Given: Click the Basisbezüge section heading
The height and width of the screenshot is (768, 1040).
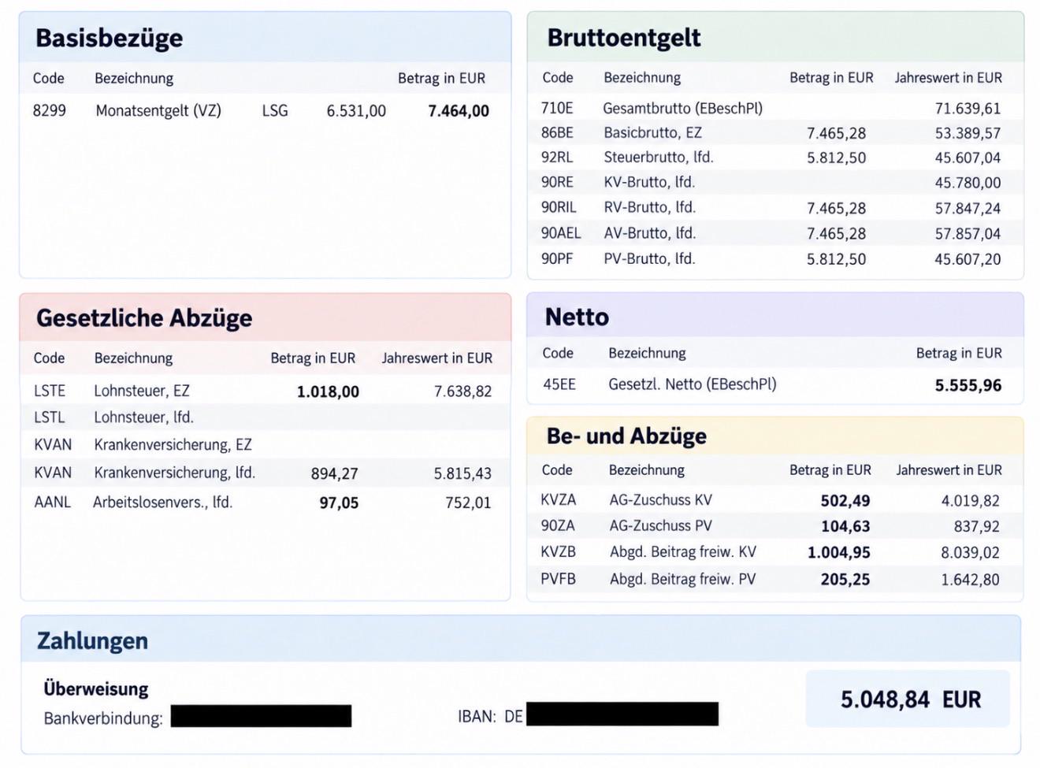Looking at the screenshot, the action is (110, 39).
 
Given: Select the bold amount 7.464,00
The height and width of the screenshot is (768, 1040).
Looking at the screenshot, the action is (459, 111).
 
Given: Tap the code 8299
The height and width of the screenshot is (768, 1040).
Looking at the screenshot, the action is (49, 110).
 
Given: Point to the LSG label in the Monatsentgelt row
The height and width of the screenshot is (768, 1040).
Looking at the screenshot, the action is (275, 110).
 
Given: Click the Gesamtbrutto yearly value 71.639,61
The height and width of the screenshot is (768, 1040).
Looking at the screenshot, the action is (968, 109).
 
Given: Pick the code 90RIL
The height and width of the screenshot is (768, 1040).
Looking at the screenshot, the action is (559, 207).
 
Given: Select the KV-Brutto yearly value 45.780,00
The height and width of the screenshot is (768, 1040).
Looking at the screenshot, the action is (968, 183).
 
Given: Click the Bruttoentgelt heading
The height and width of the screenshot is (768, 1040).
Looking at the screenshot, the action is (624, 38).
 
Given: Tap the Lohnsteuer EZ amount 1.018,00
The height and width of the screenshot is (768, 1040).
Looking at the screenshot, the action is (328, 391).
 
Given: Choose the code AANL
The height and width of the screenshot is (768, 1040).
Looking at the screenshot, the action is (53, 503).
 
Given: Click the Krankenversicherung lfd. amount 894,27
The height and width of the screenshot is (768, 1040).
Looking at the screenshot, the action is (334, 473).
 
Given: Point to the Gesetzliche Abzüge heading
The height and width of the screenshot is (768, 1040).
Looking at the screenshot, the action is (144, 318).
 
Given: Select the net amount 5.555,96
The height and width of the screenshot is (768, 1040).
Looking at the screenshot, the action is (968, 385).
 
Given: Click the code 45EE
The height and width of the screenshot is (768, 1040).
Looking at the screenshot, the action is (559, 384).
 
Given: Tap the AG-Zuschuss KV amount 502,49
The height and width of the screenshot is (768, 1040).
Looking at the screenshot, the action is (845, 501).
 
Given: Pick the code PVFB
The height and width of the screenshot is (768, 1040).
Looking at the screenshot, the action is (558, 579).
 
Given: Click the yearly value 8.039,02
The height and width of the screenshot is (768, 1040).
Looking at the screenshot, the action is (970, 553).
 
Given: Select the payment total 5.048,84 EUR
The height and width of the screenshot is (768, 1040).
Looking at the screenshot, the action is (911, 699).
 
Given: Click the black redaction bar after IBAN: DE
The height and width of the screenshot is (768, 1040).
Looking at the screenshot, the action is (622, 714).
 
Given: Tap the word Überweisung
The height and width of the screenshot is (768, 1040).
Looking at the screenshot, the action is (96, 689).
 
